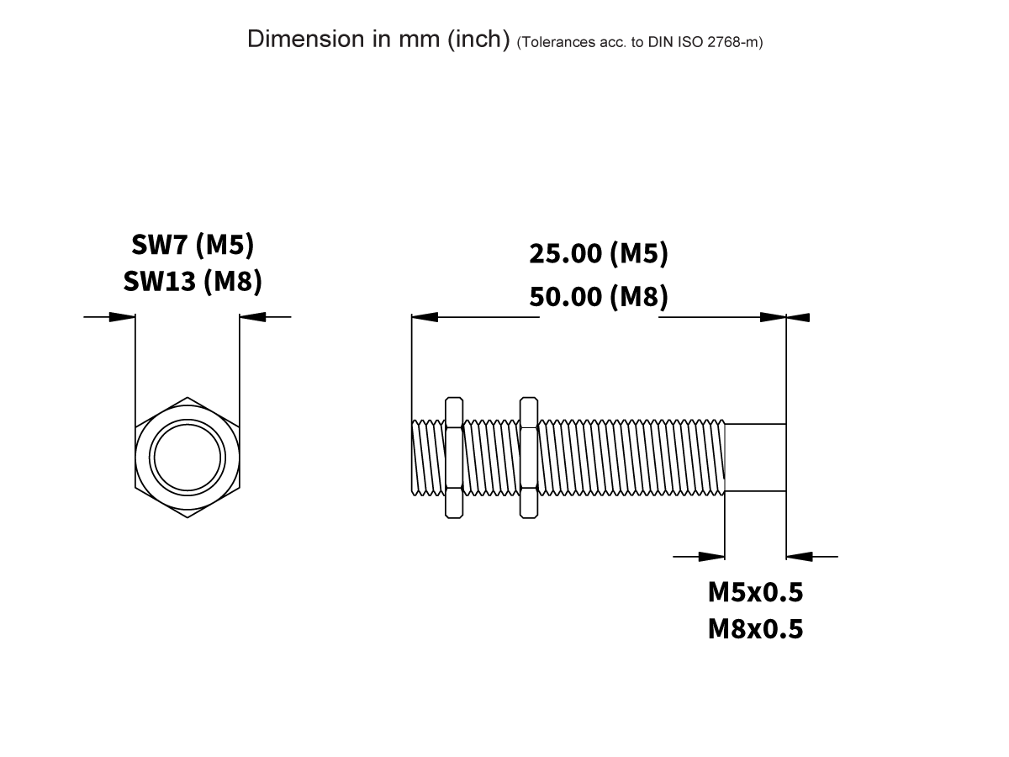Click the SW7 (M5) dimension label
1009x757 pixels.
tap(193, 245)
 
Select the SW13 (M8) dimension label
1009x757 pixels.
tap(193, 281)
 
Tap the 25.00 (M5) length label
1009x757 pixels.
tap(598, 253)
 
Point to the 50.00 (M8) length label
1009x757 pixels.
tap(598, 297)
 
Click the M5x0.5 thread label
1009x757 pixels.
tap(755, 592)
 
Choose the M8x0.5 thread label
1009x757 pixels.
tap(755, 628)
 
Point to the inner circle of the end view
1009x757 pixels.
tap(187, 457)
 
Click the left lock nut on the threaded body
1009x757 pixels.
tap(454, 457)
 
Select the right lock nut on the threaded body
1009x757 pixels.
tap(529, 457)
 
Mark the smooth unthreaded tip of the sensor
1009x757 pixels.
tap(755, 457)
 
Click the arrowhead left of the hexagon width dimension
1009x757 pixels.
tap(123, 317)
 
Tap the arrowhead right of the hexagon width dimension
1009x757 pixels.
tap(252, 317)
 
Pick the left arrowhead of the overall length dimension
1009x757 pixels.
tap(425, 317)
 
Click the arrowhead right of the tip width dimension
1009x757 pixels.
tap(799, 556)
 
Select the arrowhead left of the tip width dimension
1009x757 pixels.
tap(711, 556)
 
